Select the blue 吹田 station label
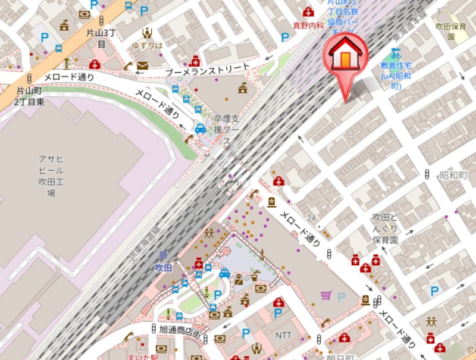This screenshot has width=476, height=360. pos(163,268)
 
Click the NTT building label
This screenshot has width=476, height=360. pos(283,335)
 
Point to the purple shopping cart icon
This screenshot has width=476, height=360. pos(325,295)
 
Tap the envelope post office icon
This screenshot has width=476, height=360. pos(142,65)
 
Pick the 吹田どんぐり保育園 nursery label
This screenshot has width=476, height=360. pos(384,228)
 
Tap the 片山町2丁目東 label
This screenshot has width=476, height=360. pos(30,96)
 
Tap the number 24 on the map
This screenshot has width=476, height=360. pos(311,217)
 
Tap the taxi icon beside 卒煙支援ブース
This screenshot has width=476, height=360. pos(201,129)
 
